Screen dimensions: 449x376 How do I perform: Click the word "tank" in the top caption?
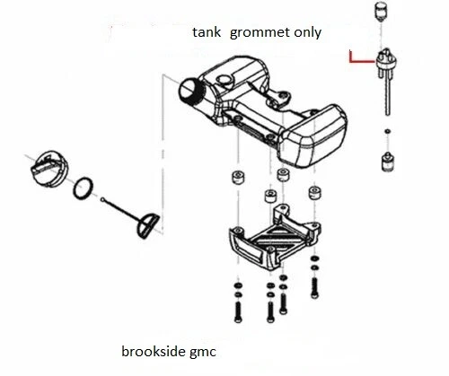pyautogui.click(x=207, y=32)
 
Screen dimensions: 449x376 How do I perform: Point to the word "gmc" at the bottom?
pyautogui.click(x=203, y=353)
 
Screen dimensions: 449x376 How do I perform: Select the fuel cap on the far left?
pyautogui.click(x=49, y=170)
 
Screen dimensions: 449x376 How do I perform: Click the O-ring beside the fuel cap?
pyautogui.click(x=83, y=188)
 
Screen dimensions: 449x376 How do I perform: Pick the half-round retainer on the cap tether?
pyautogui.click(x=147, y=226)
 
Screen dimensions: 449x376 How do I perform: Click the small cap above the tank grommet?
pyautogui.click(x=381, y=12)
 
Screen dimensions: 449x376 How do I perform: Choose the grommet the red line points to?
pyautogui.click(x=387, y=61)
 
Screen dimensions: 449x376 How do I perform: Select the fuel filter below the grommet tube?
pyautogui.click(x=388, y=162)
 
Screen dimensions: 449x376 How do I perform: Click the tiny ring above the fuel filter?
pyautogui.click(x=388, y=131)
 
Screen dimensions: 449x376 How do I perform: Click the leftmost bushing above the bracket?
pyautogui.click(x=238, y=177)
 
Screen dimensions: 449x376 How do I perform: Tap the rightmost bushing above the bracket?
pyautogui.click(x=315, y=193)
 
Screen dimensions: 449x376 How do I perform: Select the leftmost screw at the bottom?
pyautogui.click(x=238, y=311)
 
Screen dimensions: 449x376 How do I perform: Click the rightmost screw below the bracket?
pyautogui.click(x=314, y=288)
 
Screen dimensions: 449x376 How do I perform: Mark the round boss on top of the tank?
pyautogui.click(x=224, y=80)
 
